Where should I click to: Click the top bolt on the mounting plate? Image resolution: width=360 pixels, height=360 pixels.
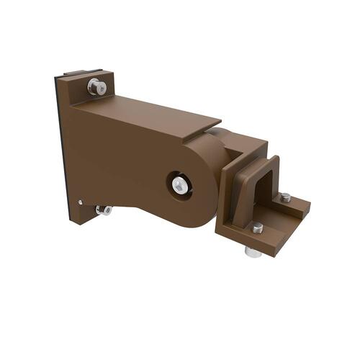(96, 86)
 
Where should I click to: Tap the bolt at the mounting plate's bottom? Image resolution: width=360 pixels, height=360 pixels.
(104, 210)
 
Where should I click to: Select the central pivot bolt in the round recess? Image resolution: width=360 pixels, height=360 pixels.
(180, 185)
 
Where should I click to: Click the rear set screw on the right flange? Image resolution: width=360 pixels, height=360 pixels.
(285, 197)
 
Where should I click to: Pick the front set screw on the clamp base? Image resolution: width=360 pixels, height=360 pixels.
(257, 228)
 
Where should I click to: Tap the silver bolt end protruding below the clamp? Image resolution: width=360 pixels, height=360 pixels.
(253, 252)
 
